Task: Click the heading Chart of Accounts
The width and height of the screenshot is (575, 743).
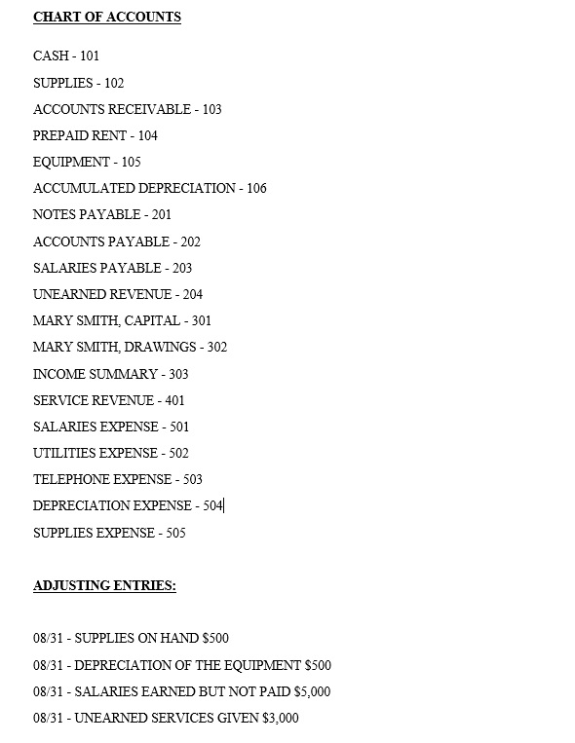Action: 106,17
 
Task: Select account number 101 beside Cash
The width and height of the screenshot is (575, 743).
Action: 90,56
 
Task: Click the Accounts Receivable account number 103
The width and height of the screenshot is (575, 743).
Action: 211,109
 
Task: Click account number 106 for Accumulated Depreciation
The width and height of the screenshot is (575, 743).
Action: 256,188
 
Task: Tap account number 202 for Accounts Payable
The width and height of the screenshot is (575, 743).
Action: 190,241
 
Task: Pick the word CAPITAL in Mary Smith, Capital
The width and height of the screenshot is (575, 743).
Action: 152,320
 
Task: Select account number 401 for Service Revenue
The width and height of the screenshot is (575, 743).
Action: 174,400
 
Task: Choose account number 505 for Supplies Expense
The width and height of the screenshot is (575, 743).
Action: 175,533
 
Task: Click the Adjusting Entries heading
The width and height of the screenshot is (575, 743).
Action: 104,585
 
